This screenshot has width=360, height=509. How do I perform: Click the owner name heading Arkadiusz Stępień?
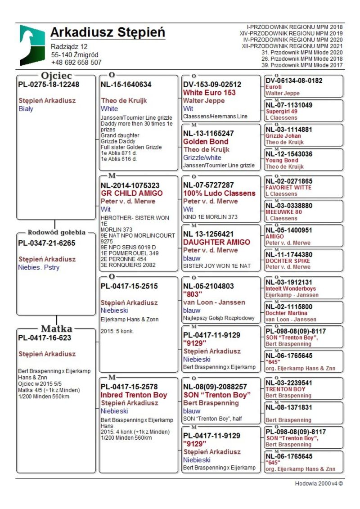(108, 33)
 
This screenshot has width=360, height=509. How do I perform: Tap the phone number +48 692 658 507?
(76, 63)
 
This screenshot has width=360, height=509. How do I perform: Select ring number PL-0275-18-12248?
(49, 84)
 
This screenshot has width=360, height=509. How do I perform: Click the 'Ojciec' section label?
(55, 76)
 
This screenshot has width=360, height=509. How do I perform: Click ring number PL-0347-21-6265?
(47, 243)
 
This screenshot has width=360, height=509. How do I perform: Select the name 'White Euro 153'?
(209, 93)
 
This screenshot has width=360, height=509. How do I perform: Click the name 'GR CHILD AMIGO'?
(132, 193)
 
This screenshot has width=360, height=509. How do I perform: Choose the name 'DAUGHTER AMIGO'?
(216, 242)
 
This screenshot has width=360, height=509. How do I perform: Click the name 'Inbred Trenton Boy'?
(134, 395)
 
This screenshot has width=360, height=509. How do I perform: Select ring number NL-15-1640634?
(126, 84)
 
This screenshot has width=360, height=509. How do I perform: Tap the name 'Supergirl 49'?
(281, 111)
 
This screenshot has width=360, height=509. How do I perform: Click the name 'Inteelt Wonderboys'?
(291, 288)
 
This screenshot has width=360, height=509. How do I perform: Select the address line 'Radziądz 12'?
(69, 46)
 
